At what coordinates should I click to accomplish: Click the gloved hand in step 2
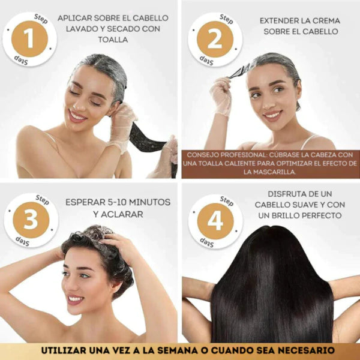click(221, 96)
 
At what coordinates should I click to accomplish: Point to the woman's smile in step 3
click(76, 298)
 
